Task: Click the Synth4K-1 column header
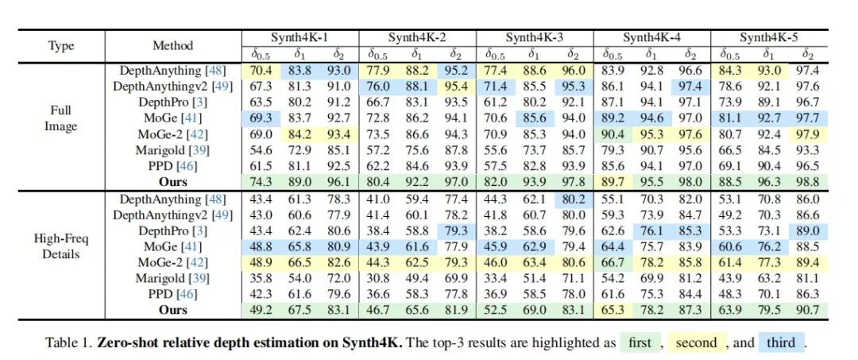300,37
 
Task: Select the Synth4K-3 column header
535,37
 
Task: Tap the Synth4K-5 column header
769,37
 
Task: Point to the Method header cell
172,45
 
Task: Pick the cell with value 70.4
261,71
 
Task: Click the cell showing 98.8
808,182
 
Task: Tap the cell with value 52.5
496,309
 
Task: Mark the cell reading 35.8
261,277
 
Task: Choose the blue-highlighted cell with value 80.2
574,198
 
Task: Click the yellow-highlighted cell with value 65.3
613,309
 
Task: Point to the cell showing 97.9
808,134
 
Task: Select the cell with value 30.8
378,277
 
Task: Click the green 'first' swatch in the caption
640,343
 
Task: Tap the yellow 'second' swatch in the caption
696,343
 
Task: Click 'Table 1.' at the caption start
70,343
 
